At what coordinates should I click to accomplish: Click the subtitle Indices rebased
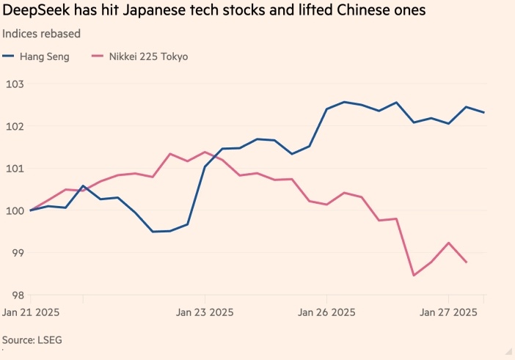click(41, 34)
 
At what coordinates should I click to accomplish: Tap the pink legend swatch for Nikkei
click(95, 56)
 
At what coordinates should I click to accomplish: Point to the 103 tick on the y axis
click(15, 84)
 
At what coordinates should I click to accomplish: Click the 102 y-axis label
click(15, 126)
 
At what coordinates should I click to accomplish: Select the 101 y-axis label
click(15, 169)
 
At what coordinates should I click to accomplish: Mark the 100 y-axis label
click(15, 211)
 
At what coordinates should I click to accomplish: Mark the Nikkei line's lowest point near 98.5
click(414, 275)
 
